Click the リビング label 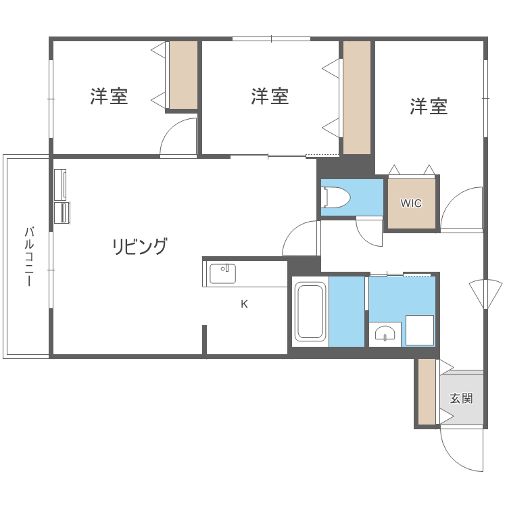pos(139,247)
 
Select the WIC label pos(411,203)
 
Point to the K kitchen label pos(244,304)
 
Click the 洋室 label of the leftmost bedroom pos(109,97)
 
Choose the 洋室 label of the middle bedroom pos(270,97)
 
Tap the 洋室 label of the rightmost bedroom pos(429,106)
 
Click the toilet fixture pos(337,197)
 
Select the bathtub pos(310,312)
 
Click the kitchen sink pos(222,274)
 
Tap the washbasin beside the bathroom pos(385,334)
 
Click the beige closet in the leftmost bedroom pos(183,74)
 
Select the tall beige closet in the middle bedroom pos(356,97)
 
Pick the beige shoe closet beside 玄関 pos(427,392)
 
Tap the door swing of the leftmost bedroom pos(178,139)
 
